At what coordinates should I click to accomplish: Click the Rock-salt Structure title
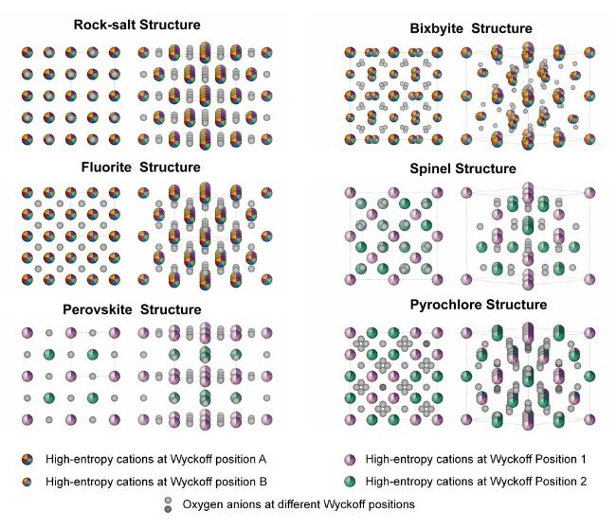(x=137, y=25)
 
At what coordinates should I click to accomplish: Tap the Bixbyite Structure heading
(x=471, y=28)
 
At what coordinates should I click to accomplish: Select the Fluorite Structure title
(x=140, y=167)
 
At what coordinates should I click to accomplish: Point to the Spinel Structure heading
(x=462, y=168)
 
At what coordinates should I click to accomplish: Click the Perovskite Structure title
(x=132, y=309)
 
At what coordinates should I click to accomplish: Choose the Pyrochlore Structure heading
(x=479, y=305)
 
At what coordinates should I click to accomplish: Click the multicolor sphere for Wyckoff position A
(x=27, y=459)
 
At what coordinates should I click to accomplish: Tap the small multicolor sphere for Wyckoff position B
(x=27, y=482)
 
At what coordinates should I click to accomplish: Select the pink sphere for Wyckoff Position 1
(x=350, y=459)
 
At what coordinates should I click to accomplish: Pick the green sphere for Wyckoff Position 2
(x=350, y=482)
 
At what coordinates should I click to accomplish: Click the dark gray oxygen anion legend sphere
(x=168, y=509)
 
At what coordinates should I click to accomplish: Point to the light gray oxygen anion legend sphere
(x=168, y=501)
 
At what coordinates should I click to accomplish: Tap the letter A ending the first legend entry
(x=263, y=459)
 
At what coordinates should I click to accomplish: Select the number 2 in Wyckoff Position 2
(x=583, y=482)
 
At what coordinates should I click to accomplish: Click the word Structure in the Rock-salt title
(x=170, y=25)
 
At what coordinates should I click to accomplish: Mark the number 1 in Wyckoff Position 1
(x=583, y=459)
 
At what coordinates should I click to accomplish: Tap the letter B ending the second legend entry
(x=263, y=482)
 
